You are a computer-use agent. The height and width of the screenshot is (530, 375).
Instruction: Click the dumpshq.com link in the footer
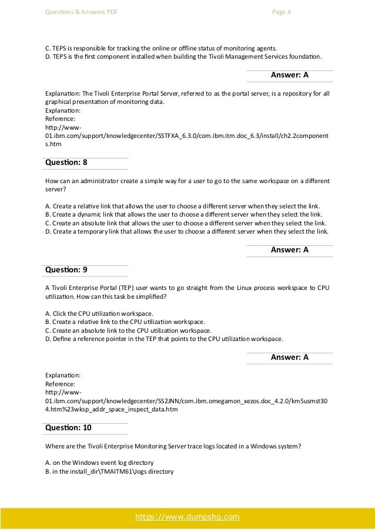click(x=187, y=517)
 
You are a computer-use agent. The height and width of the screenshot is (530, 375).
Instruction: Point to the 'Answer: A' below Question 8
click(x=289, y=249)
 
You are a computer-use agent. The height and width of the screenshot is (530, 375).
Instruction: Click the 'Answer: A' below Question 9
click(x=289, y=357)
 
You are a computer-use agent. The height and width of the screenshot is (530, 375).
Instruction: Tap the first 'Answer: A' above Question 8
click(x=289, y=75)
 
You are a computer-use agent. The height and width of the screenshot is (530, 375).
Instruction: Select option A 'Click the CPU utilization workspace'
click(x=99, y=313)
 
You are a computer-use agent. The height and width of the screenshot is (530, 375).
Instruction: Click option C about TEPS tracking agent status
click(x=160, y=48)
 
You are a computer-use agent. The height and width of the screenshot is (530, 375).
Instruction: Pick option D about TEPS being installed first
click(x=183, y=56)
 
